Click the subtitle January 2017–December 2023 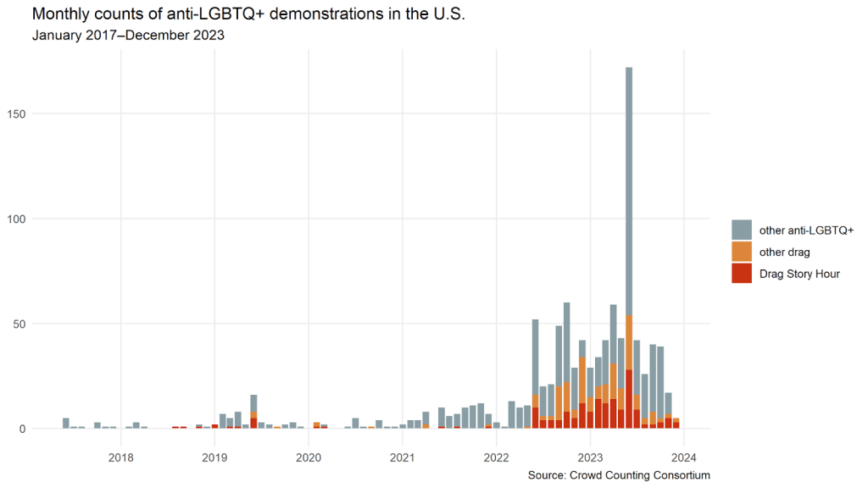[x=128, y=36]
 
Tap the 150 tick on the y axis [x=19, y=114]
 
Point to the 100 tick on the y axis [x=19, y=219]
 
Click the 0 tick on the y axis [x=25, y=429]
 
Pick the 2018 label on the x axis [x=121, y=458]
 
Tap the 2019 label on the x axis [x=214, y=458]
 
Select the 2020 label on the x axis [x=309, y=458]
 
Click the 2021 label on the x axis [x=402, y=458]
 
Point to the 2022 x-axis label [x=496, y=458]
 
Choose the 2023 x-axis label [x=590, y=458]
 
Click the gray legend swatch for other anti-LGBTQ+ [x=741, y=230]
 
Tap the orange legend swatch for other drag [x=741, y=252]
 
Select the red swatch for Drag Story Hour [x=741, y=274]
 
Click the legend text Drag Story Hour [x=799, y=274]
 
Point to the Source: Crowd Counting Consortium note [x=618, y=475]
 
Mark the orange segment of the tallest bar [x=629, y=342]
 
